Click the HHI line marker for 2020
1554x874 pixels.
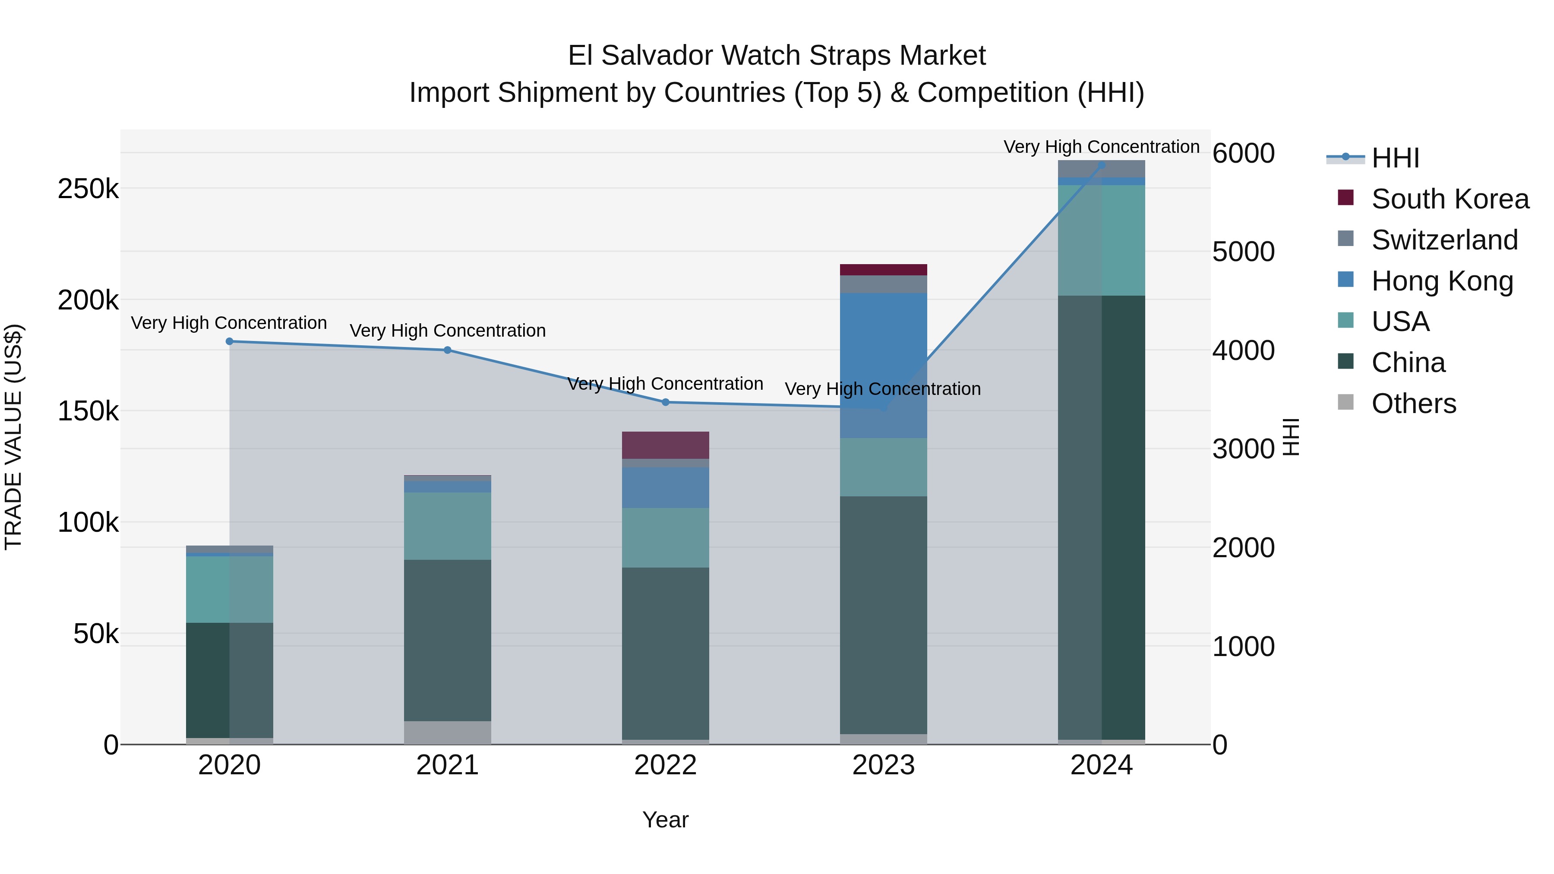tap(229, 341)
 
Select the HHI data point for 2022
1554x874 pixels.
tap(665, 402)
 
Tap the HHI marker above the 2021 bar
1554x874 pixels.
tap(448, 350)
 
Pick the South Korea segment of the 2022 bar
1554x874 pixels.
tap(665, 445)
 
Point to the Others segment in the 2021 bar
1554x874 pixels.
tap(448, 732)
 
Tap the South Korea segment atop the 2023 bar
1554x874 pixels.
tap(883, 270)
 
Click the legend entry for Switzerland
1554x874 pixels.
tap(1444, 240)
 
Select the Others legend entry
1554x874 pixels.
tap(1413, 404)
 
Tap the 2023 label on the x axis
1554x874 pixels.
tap(883, 765)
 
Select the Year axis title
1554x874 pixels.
tap(665, 820)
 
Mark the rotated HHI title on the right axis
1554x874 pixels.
tap(1290, 437)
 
